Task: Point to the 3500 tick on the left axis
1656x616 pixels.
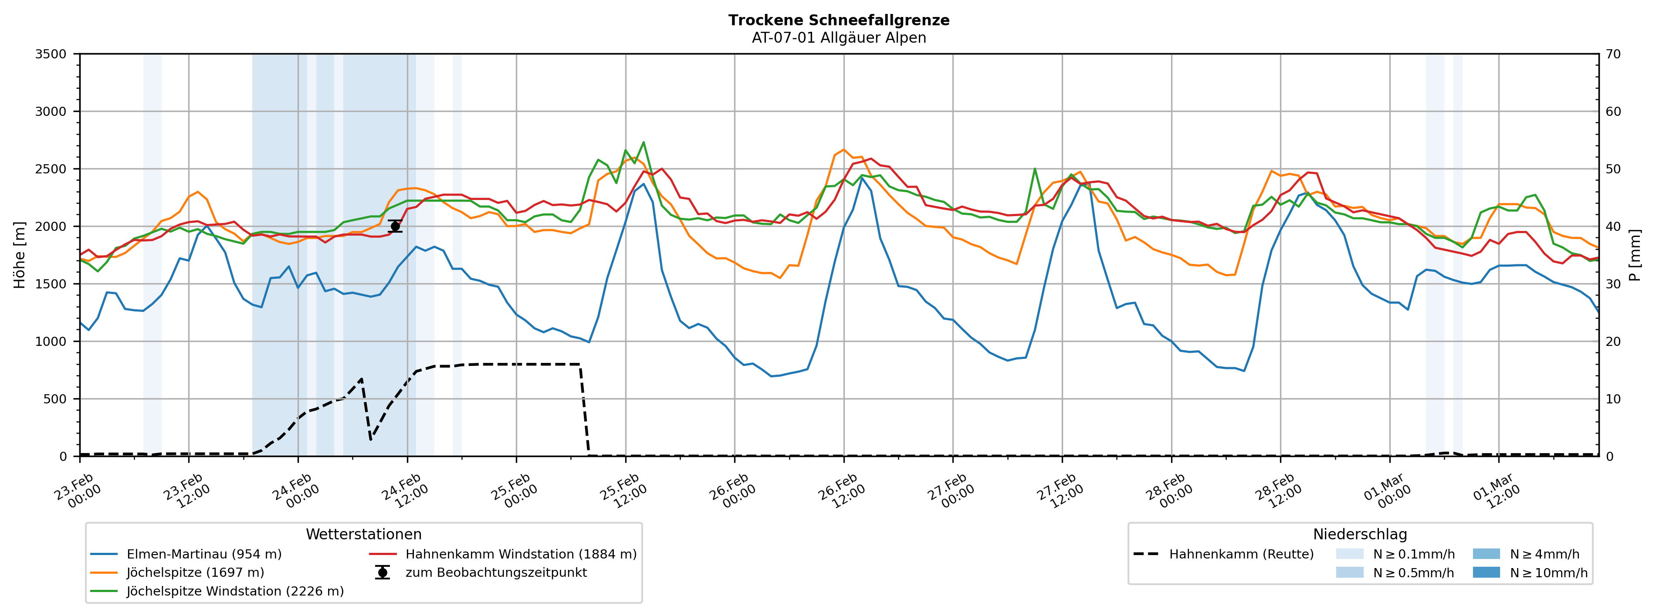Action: (x=51, y=54)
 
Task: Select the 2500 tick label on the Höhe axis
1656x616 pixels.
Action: (x=51, y=169)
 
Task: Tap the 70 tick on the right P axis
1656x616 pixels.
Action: (x=1613, y=54)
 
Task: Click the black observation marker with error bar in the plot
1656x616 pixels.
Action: (x=395, y=227)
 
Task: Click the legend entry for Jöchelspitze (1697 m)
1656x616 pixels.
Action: (x=195, y=572)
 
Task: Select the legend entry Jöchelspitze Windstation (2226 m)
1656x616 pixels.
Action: (x=235, y=591)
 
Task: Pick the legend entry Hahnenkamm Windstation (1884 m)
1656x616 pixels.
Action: (x=521, y=554)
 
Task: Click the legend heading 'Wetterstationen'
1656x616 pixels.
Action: (x=363, y=535)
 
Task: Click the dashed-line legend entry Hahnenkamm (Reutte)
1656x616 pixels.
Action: (x=1241, y=554)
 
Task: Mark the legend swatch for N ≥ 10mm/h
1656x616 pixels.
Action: (x=1486, y=572)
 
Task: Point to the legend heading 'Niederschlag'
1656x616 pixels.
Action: (x=1360, y=535)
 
